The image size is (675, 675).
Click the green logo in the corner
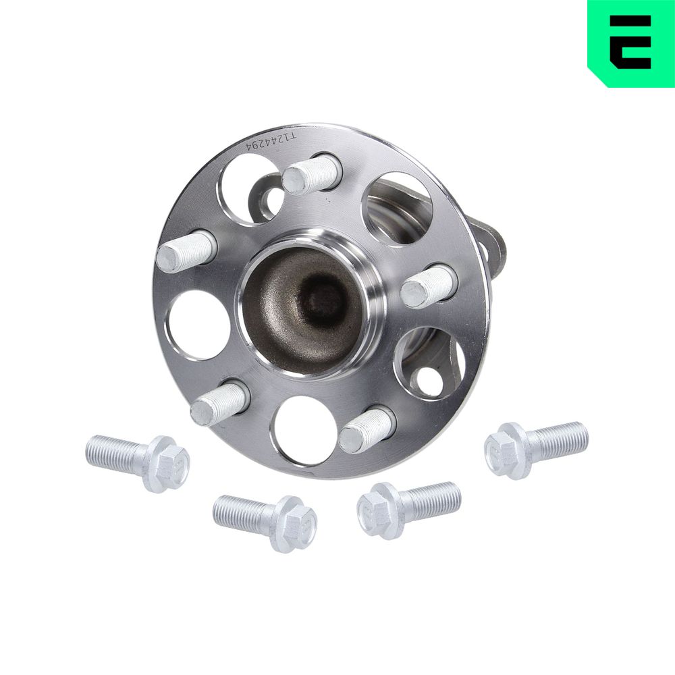631,43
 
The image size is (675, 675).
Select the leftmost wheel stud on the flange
186,250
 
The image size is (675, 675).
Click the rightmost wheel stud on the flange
429,286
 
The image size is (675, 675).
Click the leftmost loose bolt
138,462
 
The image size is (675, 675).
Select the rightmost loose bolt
537,450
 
